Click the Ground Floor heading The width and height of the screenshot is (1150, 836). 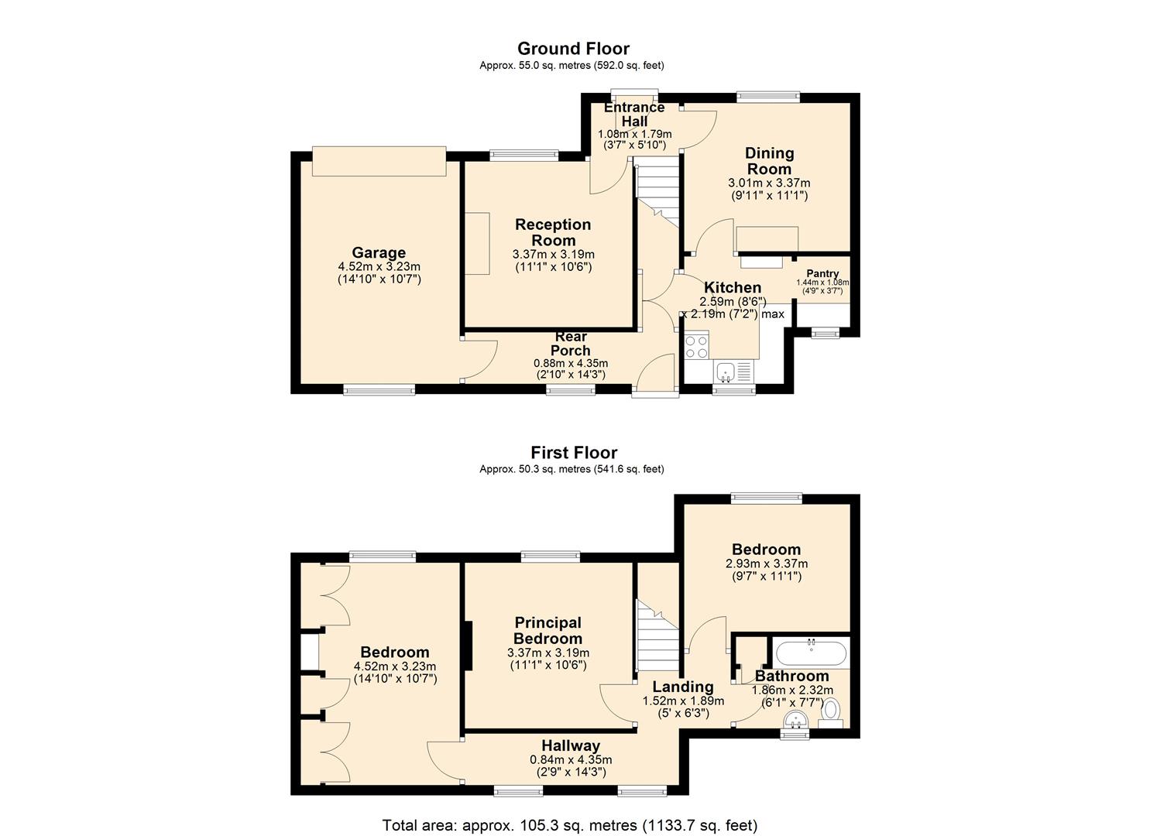[x=573, y=49]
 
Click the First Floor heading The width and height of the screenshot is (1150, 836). [x=574, y=453]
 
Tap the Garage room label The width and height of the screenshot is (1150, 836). [x=379, y=252]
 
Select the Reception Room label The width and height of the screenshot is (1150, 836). [x=553, y=232]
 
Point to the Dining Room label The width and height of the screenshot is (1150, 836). [x=769, y=161]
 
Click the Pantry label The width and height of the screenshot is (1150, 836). [x=822, y=273]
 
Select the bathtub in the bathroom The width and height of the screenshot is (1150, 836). [x=811, y=653]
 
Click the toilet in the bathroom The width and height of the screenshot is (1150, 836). [x=831, y=714]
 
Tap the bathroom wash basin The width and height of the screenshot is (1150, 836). [x=796, y=720]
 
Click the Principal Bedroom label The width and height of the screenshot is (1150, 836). [x=548, y=630]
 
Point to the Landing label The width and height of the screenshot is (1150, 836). [x=683, y=686]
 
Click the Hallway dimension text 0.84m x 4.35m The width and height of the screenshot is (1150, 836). [x=571, y=759]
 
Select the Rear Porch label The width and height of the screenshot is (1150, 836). [x=571, y=344]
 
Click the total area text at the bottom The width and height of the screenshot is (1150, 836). [x=570, y=811]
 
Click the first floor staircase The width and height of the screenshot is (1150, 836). [x=658, y=636]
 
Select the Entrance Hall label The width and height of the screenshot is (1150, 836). [x=634, y=114]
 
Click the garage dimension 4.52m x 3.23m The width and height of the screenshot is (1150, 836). [x=379, y=267]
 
